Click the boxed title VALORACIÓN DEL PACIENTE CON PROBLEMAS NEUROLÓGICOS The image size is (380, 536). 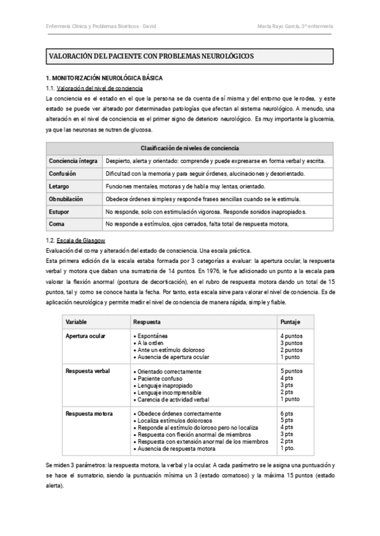[151, 56]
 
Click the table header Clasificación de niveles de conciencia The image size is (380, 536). [189, 149]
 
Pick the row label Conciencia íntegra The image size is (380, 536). [73, 161]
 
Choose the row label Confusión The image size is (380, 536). [63, 174]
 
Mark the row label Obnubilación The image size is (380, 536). [66, 198]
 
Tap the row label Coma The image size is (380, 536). [56, 224]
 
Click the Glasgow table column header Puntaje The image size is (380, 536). [290, 322]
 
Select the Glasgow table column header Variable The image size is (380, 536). [77, 322]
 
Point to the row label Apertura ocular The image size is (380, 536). [85, 336]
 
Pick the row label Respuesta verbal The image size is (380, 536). [89, 372]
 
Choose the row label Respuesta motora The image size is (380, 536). [89, 414]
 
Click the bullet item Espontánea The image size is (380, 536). [155, 336]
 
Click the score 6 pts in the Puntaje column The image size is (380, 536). [286, 414]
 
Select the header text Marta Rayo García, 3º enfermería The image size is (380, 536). [296, 26]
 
